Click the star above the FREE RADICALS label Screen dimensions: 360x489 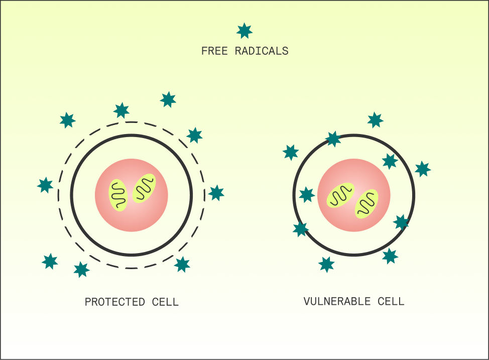click(244, 31)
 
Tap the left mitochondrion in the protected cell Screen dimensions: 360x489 click(119, 195)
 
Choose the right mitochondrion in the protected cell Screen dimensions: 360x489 click(144, 189)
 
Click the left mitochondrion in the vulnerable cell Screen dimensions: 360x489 click(341, 195)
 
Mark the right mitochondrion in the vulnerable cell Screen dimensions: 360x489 click(366, 204)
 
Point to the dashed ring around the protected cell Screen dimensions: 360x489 click(58, 195)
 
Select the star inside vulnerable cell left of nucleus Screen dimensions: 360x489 click(307, 194)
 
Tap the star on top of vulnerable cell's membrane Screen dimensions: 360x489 click(333, 139)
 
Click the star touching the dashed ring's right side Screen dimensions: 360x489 click(216, 193)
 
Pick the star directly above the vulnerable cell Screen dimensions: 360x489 click(375, 120)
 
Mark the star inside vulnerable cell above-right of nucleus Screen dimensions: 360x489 click(390, 161)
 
